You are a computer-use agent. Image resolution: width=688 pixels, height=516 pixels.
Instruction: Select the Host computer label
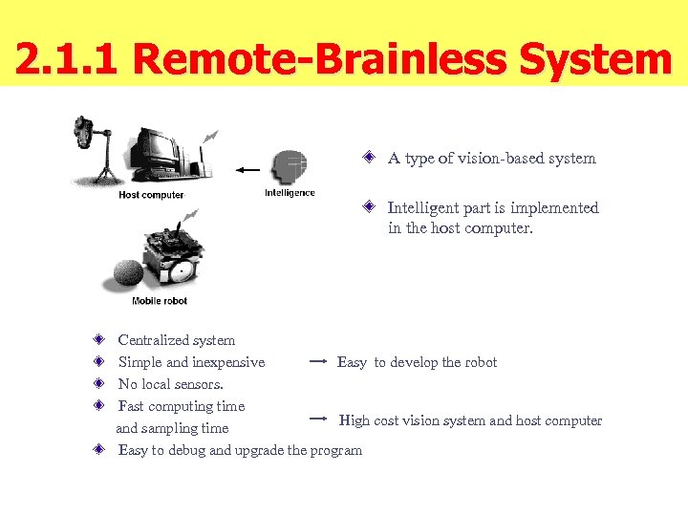pos(151,196)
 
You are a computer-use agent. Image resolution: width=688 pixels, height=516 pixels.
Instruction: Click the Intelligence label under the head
pos(290,193)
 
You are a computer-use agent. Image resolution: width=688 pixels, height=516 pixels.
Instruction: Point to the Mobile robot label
pos(160,301)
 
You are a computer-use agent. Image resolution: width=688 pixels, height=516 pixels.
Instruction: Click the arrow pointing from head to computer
pos(247,170)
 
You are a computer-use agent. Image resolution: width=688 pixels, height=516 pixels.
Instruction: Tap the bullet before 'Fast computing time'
pos(98,406)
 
